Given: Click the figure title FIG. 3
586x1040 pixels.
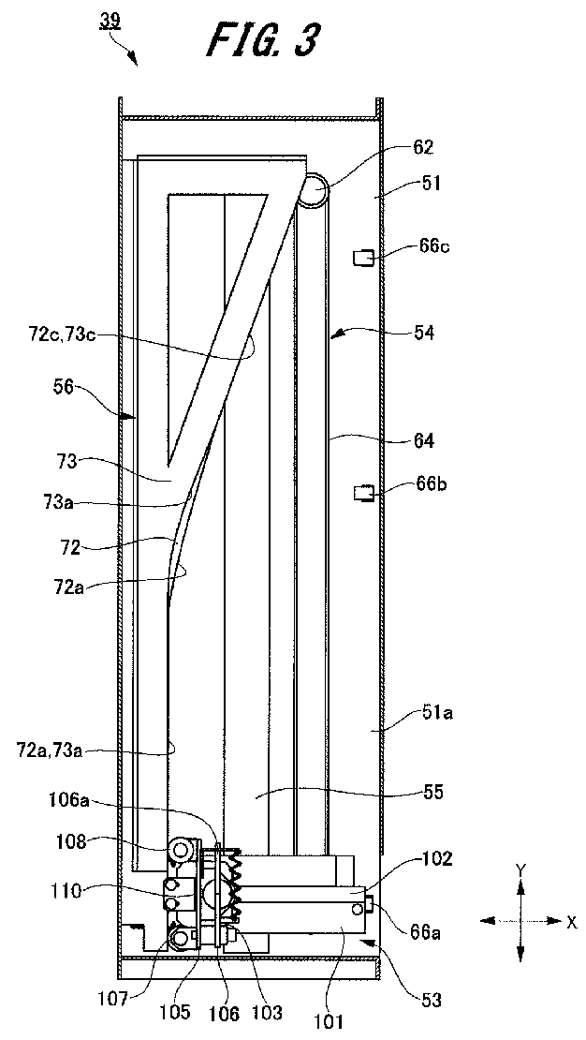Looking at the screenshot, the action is (262, 41).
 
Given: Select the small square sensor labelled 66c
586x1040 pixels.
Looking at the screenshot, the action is (363, 258).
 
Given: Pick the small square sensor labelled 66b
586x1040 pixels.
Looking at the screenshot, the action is (363, 494).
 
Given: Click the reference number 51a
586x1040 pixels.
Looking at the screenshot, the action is (419, 713).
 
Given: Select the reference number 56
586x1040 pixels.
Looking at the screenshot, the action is (64, 387).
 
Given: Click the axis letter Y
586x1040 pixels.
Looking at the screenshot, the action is (521, 869).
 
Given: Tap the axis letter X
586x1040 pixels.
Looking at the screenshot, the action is (571, 921).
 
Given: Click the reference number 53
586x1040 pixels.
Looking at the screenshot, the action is (432, 1001).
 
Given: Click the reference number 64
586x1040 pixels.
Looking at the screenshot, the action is (424, 439).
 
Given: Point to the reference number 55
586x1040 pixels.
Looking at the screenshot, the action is (432, 792).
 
